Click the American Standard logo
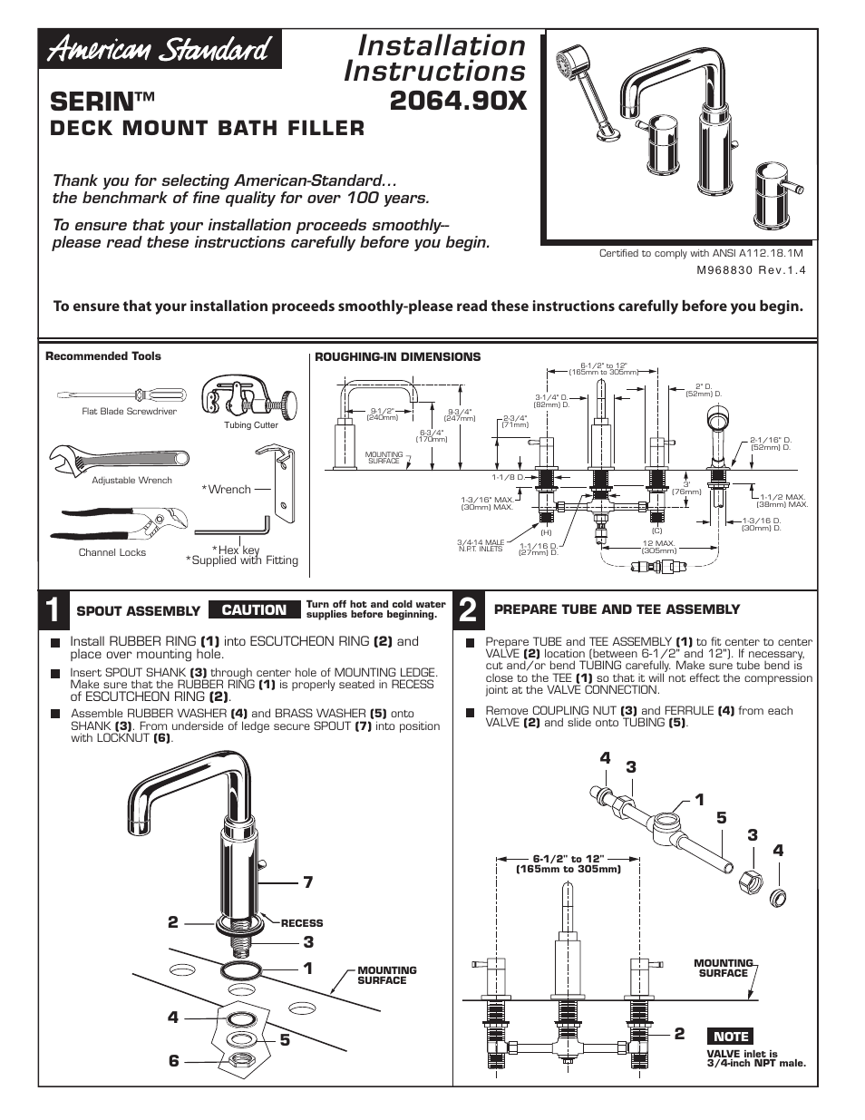point(160,49)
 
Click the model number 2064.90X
point(457,101)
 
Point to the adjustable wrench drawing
point(117,460)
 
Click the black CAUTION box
point(254,610)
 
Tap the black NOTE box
point(731,1036)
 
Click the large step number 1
point(54,611)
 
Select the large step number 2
point(468,611)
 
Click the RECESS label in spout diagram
point(301,923)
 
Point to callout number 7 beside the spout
point(308,881)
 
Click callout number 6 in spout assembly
point(173,1060)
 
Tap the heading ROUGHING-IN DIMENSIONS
point(397,356)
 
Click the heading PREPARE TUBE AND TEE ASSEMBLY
point(617,609)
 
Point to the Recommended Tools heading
point(103,356)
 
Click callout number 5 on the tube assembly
point(721,818)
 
